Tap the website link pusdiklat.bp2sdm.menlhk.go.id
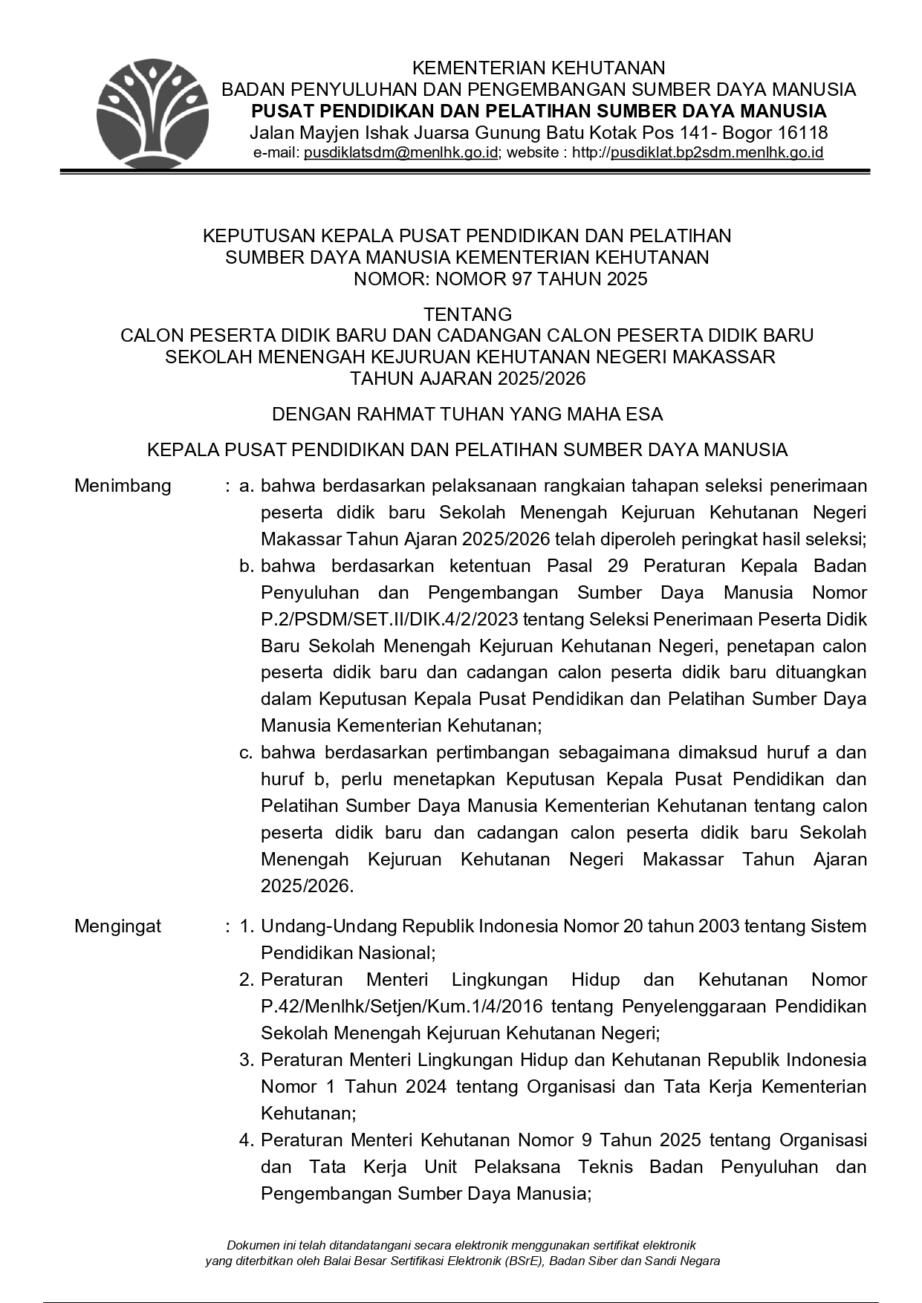click(x=716, y=153)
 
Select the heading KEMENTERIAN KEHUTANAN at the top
click(x=538, y=68)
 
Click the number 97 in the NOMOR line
click(x=522, y=279)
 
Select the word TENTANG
click(x=467, y=314)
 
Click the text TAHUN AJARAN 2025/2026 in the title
click(x=467, y=379)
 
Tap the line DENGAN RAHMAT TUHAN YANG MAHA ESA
click(x=467, y=415)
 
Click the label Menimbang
click(x=123, y=486)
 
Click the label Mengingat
click(x=117, y=926)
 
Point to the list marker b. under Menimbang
click(x=247, y=566)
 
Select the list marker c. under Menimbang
click(x=247, y=753)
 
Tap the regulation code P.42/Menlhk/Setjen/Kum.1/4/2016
click(x=401, y=1007)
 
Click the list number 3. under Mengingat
click(x=247, y=1060)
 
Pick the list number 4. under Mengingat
click(x=247, y=1140)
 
